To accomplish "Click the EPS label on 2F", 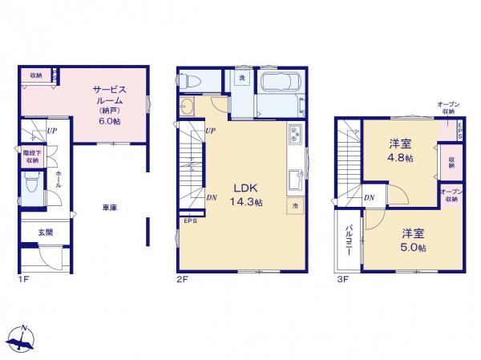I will pos(190,220).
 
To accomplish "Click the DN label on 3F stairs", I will pos(370,198).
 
